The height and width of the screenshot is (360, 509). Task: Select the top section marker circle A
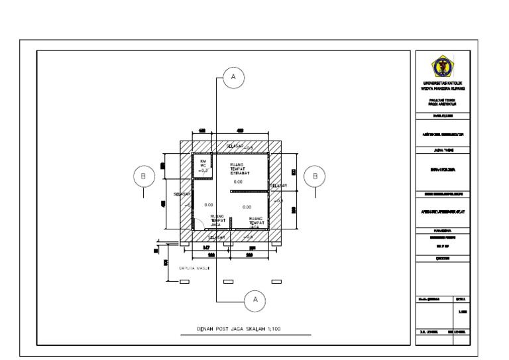(x=233, y=78)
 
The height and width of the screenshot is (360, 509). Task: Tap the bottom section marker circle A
(x=253, y=300)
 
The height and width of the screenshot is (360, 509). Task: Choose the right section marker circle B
(x=315, y=176)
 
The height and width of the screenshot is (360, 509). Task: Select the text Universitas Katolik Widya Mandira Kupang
(x=442, y=86)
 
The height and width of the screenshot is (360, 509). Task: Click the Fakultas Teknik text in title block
(x=442, y=101)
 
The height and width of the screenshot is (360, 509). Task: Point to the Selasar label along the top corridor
(x=235, y=146)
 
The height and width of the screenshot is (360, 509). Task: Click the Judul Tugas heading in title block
(x=442, y=150)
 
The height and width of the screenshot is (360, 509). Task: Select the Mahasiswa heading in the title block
(x=442, y=230)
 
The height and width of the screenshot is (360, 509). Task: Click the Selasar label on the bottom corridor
(x=217, y=237)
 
